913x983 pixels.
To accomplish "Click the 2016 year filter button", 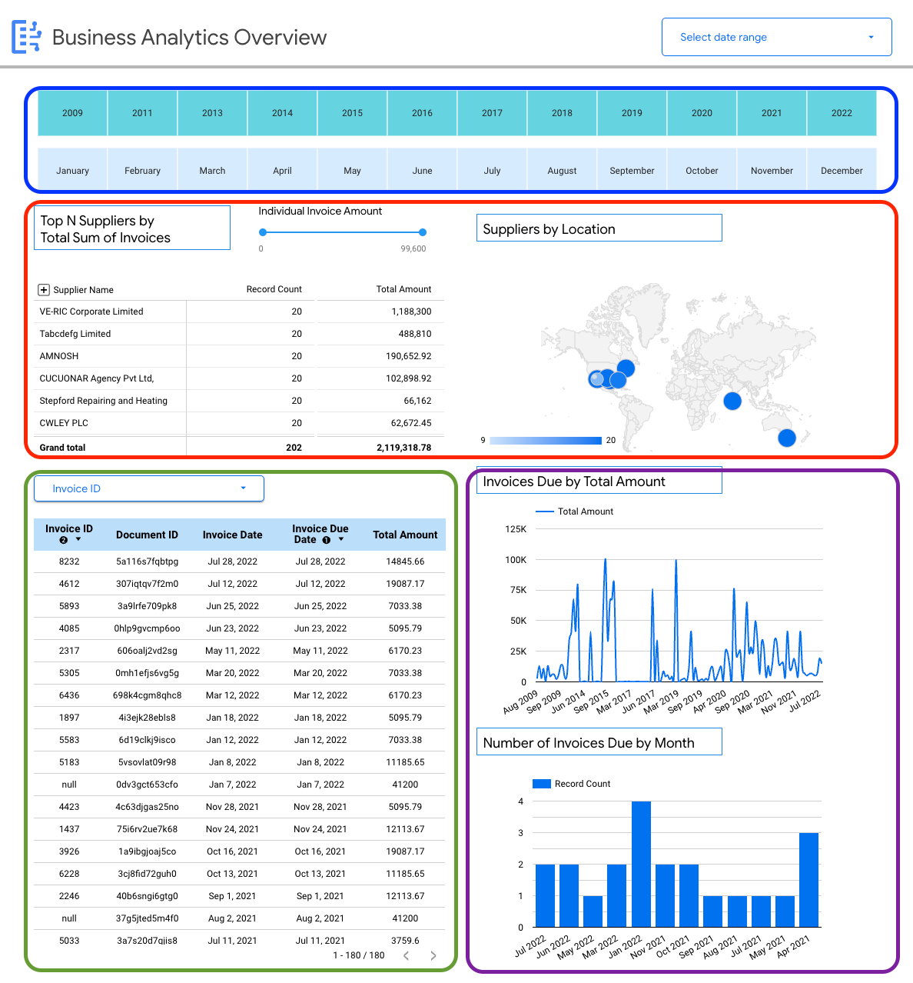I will (422, 113).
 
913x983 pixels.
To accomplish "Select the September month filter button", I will (632, 171).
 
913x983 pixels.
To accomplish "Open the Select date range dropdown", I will (776, 37).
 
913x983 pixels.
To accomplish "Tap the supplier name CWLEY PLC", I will (64, 423).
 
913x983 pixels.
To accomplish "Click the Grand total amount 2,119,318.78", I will (403, 448).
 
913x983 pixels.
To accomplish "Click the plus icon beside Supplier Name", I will (44, 290).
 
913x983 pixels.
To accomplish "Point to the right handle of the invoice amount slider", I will (423, 232).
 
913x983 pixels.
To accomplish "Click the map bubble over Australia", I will (786, 438).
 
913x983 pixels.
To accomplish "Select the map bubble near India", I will (732, 401).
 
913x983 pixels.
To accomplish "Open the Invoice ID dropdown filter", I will (149, 488).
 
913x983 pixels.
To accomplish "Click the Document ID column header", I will (147, 535).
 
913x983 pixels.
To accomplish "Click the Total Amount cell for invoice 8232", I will (405, 561).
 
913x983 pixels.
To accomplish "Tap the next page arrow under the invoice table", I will (433, 955).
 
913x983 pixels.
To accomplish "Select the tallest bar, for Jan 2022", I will (641, 864).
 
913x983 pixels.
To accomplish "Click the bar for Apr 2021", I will (808, 880).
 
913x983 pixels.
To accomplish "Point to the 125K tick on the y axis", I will (516, 529).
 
